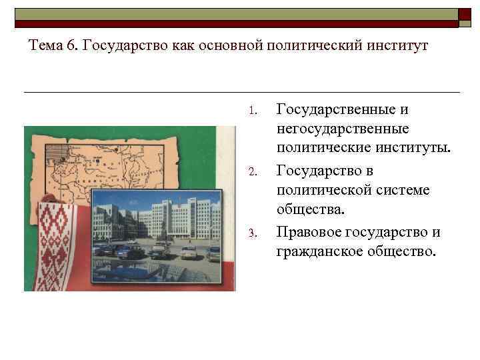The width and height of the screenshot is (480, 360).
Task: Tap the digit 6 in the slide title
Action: [x=72, y=46]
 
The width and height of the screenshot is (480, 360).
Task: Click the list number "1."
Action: [x=252, y=110]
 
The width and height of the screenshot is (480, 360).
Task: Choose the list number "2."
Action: [x=252, y=172]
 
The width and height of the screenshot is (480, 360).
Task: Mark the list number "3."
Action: [x=252, y=233]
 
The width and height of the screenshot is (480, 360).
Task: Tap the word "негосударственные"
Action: [x=343, y=127]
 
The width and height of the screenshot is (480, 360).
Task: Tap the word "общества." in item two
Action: [x=311, y=210]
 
